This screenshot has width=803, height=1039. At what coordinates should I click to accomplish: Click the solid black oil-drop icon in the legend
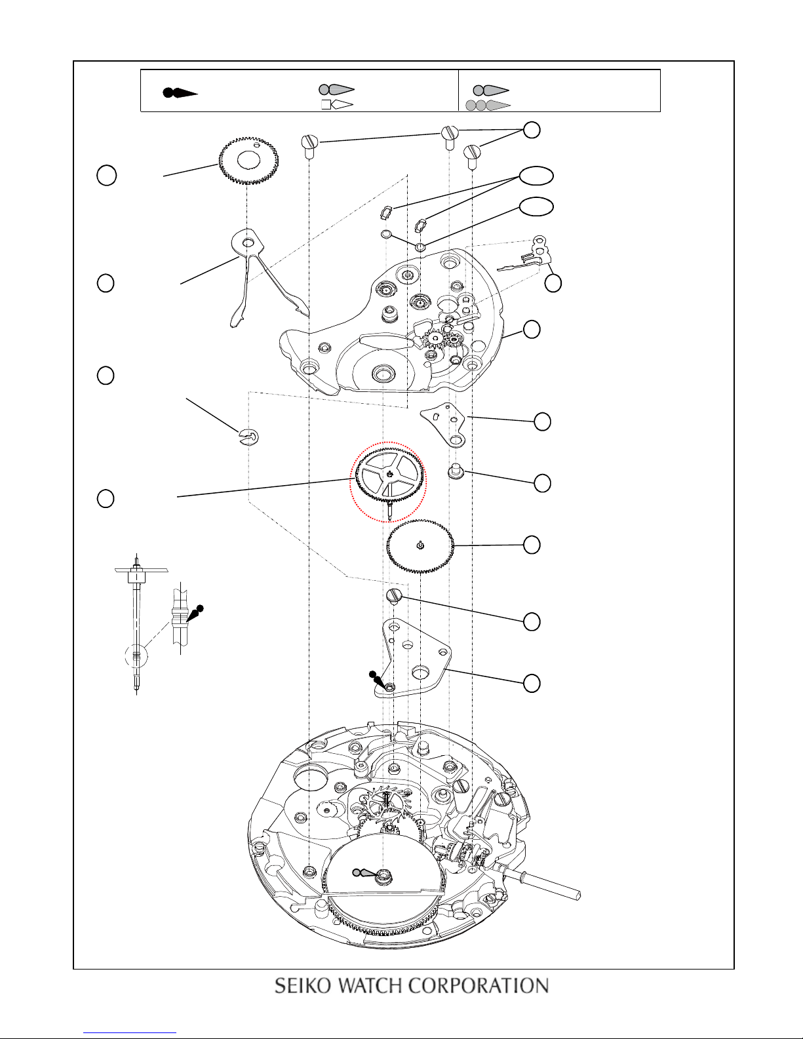coord(180,92)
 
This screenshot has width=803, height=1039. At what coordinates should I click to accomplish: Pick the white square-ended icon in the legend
coord(337,104)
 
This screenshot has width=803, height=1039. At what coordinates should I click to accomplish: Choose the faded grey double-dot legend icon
coord(488,105)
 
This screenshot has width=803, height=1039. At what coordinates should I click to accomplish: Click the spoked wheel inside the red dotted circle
coord(390,477)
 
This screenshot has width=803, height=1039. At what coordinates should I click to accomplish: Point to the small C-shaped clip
coord(248,435)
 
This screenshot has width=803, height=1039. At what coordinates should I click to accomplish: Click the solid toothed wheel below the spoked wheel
coord(420,545)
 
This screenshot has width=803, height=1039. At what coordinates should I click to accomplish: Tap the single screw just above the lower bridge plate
coord(393,596)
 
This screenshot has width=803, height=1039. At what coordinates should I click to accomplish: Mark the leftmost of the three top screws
coord(309,144)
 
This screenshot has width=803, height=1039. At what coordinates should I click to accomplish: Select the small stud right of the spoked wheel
coord(455,471)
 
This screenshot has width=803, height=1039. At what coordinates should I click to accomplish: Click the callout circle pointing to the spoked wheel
coord(106,498)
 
